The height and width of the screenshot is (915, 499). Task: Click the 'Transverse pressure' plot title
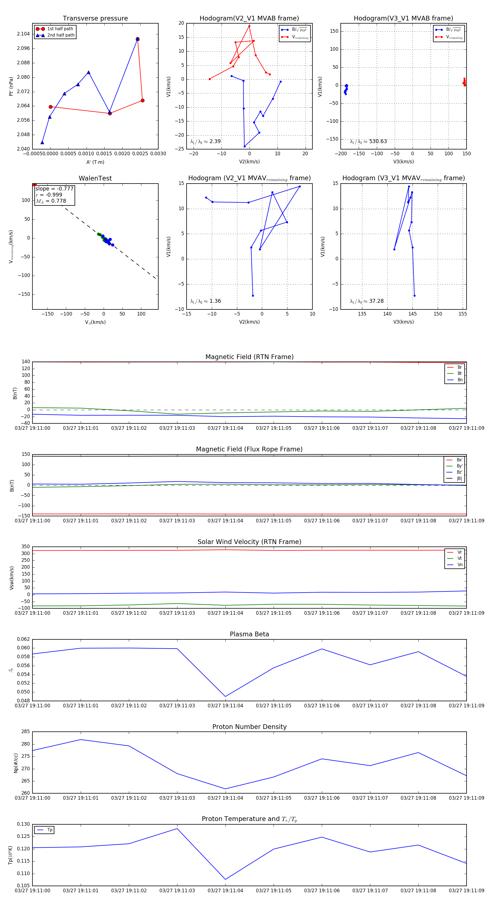pyautogui.click(x=95, y=19)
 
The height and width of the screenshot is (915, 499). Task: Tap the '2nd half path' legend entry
pyautogui.click(x=61, y=35)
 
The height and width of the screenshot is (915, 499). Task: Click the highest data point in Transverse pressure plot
pyautogui.click(x=138, y=39)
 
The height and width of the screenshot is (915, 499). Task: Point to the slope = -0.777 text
pyautogui.click(x=54, y=189)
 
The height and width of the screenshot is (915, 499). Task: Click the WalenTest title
pyautogui.click(x=95, y=178)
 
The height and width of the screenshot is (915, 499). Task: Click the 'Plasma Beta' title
pyautogui.click(x=249, y=634)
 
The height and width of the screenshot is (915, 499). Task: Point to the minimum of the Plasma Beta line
pyautogui.click(x=226, y=697)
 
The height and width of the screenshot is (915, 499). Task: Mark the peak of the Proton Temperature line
pyautogui.click(x=177, y=829)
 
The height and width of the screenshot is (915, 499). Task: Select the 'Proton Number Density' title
pyautogui.click(x=249, y=727)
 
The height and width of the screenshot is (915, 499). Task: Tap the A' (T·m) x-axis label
pyautogui.click(x=95, y=162)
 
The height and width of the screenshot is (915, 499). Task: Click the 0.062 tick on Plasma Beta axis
pyautogui.click(x=24, y=639)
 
